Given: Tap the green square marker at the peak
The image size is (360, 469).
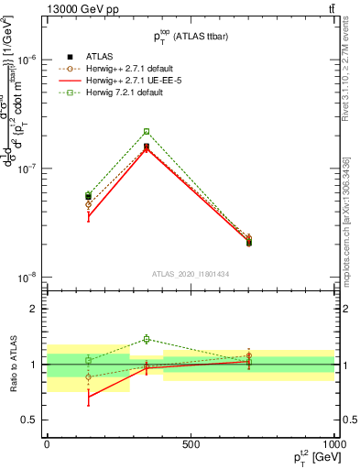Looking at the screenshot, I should tap(147, 131).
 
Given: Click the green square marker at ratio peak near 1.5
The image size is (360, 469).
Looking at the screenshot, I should tap(147, 339).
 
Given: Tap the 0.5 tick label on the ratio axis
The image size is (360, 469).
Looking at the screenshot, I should tap(30, 420).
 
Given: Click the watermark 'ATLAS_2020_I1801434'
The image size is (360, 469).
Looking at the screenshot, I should tap(191, 274).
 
